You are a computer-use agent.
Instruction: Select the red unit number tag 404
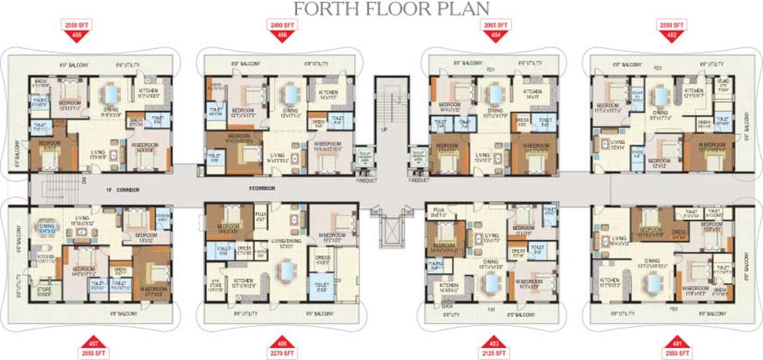(495, 34)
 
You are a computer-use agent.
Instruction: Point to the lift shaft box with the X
(389, 234)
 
